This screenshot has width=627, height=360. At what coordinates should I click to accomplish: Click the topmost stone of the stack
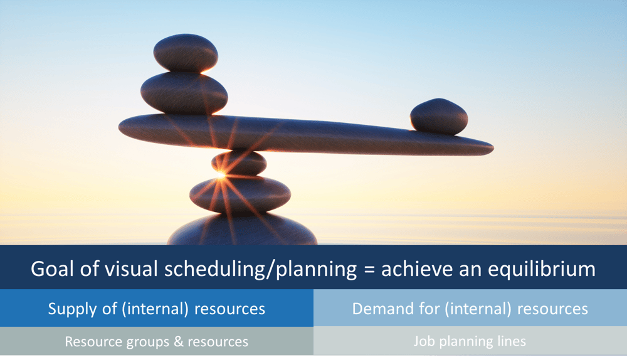(186, 53)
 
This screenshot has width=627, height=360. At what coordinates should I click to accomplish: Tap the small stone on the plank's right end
(439, 117)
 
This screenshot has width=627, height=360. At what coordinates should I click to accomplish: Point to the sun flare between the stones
(221, 176)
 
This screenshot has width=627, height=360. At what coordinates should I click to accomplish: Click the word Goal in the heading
(51, 269)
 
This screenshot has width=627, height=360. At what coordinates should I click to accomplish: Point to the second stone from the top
(184, 92)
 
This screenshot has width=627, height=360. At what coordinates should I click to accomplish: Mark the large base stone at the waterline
(242, 232)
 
